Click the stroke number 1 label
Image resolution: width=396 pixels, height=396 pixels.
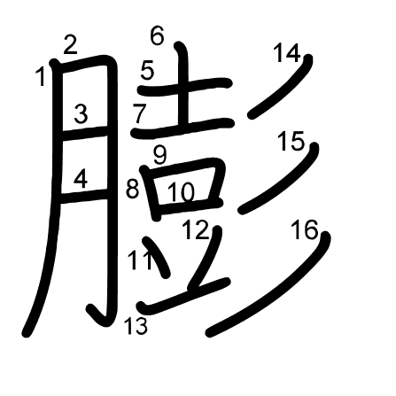[x=41, y=76]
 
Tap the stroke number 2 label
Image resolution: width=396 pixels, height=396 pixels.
[x=71, y=44]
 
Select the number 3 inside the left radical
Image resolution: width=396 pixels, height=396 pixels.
[x=81, y=114]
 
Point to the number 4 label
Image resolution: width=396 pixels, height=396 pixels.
[x=81, y=180]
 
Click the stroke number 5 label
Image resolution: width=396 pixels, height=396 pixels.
[x=147, y=70]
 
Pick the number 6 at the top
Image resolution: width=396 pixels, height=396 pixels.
[x=157, y=35]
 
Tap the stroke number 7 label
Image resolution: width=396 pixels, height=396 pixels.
[x=140, y=113]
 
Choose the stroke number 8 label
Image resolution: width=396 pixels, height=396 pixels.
[x=132, y=189]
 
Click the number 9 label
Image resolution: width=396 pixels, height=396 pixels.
[x=159, y=155]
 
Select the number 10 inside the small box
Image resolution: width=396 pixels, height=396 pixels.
[x=182, y=192]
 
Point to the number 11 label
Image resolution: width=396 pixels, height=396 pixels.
[x=141, y=260]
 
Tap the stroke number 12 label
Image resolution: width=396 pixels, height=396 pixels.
[x=196, y=229]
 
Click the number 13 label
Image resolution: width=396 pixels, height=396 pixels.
[x=136, y=326]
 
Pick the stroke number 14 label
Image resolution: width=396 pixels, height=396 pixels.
[x=287, y=52]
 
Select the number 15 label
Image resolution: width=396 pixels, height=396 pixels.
[x=291, y=141]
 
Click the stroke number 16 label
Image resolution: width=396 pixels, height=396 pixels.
[x=305, y=229]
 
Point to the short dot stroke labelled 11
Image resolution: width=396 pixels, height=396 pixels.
[x=158, y=258]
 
